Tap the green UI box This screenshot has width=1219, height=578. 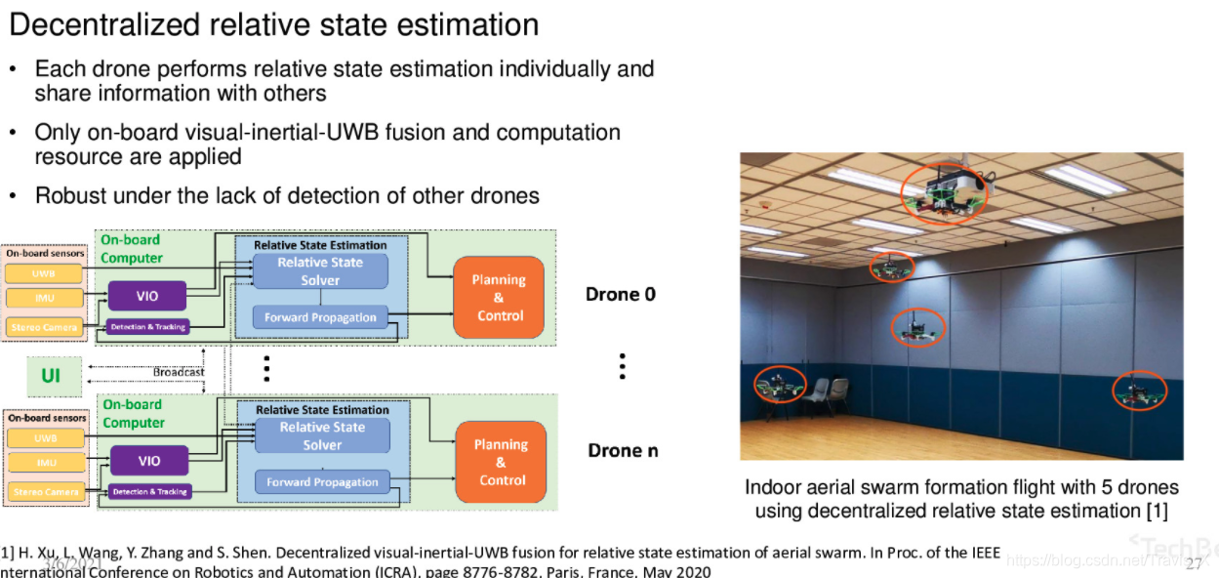(50, 376)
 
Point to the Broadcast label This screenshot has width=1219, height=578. (179, 372)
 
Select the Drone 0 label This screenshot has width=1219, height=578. (620, 294)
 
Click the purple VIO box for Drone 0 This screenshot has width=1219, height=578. (147, 296)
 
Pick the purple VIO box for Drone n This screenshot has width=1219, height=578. (148, 461)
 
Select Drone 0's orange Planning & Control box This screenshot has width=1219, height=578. (498, 298)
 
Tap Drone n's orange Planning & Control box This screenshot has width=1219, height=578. (500, 463)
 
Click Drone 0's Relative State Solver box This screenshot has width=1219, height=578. (319, 271)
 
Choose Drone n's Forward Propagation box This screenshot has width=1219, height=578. (322, 482)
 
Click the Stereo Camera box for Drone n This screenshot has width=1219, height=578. (46, 492)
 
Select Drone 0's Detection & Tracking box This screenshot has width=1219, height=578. (148, 327)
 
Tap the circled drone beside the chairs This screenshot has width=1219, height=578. (780, 386)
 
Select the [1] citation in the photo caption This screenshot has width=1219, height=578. (1156, 511)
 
